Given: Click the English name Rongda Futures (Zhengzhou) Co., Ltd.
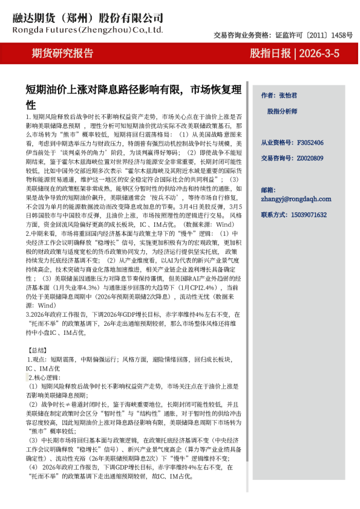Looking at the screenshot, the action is point(87,28).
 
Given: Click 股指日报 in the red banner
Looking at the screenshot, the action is point(270,54).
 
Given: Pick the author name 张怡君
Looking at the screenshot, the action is point(288,96).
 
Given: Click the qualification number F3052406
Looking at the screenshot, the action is point(310,143).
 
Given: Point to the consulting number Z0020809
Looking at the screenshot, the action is point(310,158).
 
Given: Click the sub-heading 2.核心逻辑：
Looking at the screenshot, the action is point(45,376).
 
